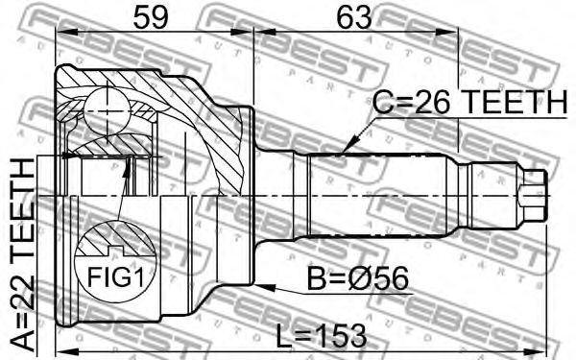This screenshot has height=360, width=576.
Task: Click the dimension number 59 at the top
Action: pyautogui.click(x=151, y=18)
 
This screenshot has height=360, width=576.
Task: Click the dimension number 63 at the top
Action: pyautogui.click(x=354, y=18)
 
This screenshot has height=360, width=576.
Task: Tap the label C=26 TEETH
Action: pyautogui.click(x=469, y=102)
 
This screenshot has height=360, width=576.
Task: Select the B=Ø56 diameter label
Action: pyautogui.click(x=357, y=278)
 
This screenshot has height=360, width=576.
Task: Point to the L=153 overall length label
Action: pyautogui.click(x=321, y=336)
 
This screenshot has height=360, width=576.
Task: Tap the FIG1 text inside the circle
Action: pyautogui.click(x=115, y=276)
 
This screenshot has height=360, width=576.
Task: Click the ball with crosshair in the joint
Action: pyautogui.click(x=108, y=111)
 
